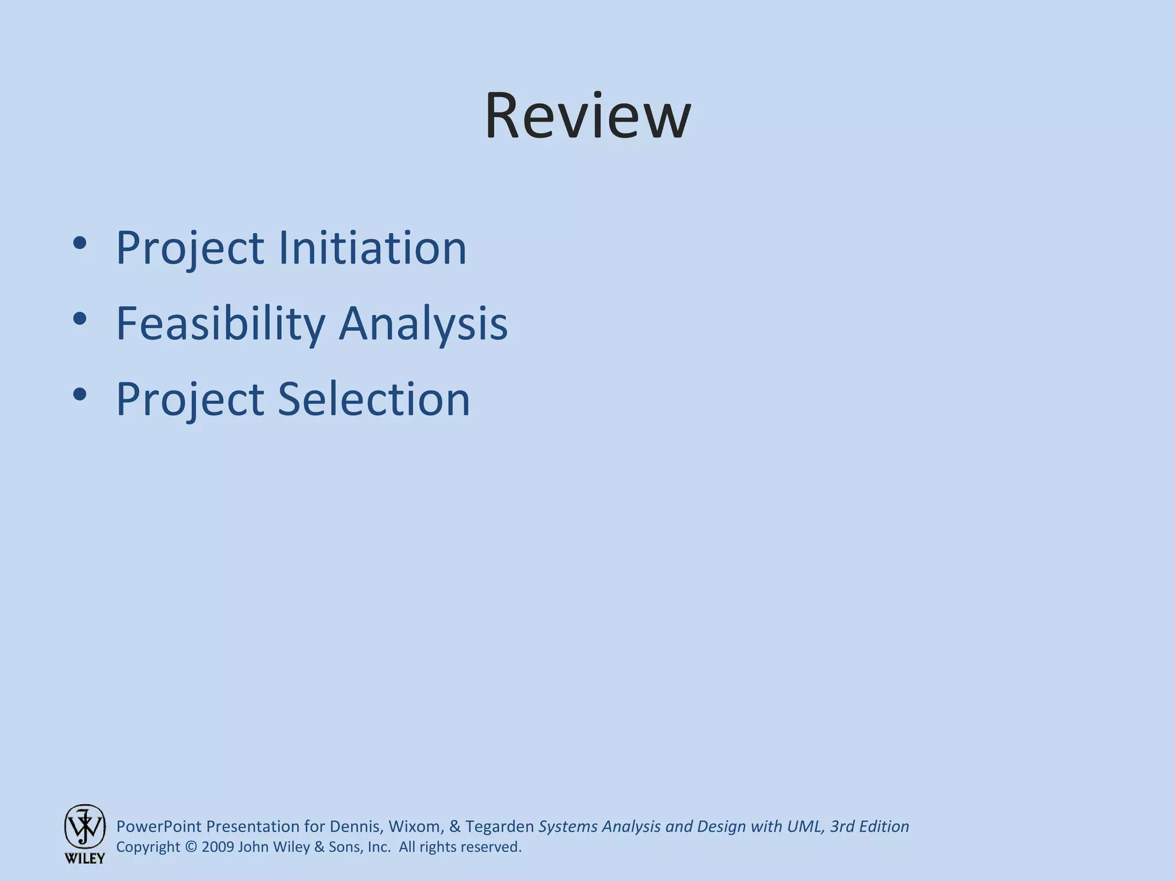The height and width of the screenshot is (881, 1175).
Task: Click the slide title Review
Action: (x=587, y=116)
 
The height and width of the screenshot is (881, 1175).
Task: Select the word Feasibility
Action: (x=220, y=324)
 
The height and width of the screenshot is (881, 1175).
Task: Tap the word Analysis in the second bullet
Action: (x=423, y=324)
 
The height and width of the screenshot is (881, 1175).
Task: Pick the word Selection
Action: (x=373, y=399)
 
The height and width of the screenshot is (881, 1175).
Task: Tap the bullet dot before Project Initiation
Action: (x=80, y=243)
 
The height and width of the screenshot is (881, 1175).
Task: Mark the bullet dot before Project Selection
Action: (x=80, y=394)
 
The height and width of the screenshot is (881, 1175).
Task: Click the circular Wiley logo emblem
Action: (x=84, y=827)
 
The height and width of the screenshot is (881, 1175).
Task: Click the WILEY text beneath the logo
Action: (x=84, y=859)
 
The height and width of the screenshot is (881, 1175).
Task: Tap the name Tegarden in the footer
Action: (x=499, y=827)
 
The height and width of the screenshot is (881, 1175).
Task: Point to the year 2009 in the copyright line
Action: (x=218, y=847)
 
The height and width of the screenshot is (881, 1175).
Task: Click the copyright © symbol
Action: (x=191, y=847)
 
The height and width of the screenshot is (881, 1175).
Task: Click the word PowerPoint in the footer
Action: (x=159, y=827)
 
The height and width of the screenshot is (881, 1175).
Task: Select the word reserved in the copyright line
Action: (x=489, y=847)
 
